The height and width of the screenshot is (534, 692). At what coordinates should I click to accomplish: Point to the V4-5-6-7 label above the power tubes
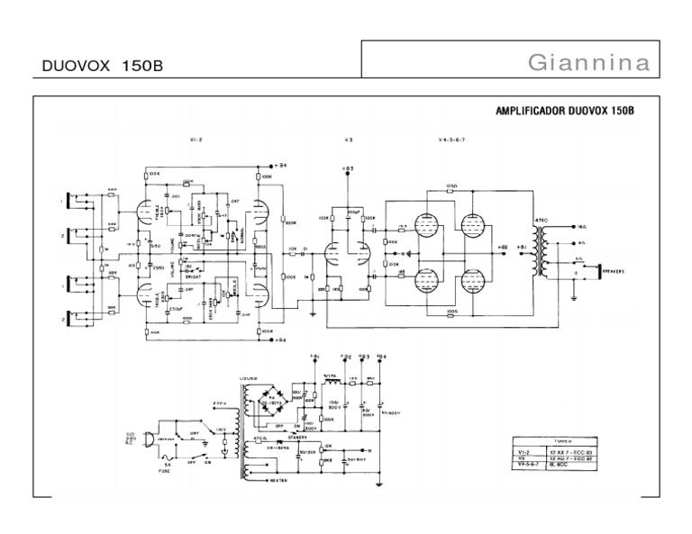(445, 140)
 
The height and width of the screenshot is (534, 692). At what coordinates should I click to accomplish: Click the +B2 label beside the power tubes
(503, 244)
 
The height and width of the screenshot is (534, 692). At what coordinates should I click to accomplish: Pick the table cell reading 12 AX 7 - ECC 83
(565, 448)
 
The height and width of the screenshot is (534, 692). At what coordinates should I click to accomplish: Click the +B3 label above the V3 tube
(349, 168)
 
